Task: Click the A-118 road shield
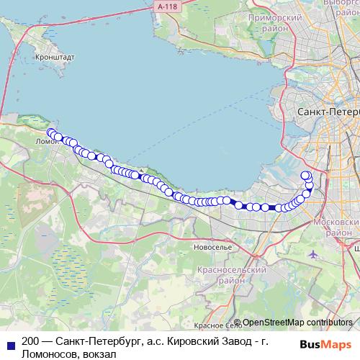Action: point(165,6)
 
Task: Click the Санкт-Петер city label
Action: point(328,113)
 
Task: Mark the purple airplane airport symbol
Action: point(312,255)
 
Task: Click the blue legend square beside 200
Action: point(9,343)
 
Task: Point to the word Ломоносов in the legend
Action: point(51,355)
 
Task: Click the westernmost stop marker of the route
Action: point(51,132)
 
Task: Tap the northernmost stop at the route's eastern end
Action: point(305,175)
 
